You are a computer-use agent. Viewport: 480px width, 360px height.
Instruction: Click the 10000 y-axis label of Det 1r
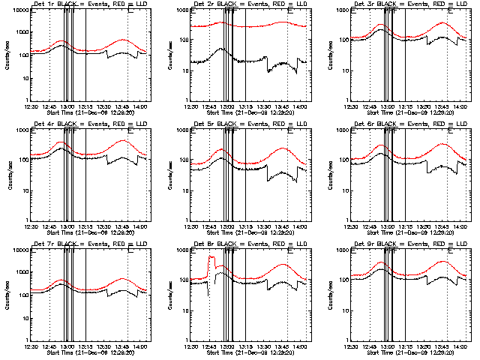click(16, 10)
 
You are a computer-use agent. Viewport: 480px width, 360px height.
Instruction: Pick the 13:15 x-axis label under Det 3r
click(406, 106)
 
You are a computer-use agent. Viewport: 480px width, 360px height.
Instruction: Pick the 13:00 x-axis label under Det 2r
click(227, 106)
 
